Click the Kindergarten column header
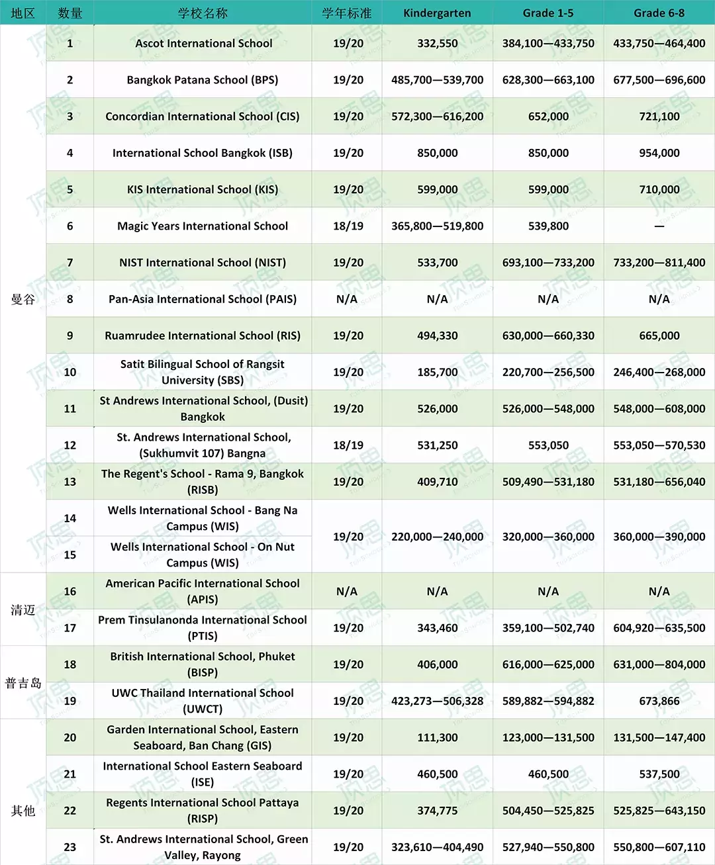tap(437, 13)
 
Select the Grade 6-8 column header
tap(659, 13)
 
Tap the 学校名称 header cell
tap(203, 13)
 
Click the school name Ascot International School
tap(203, 44)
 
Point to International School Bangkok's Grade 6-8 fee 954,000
tap(659, 153)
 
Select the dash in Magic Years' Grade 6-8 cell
tap(659, 226)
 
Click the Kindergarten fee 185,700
tap(437, 372)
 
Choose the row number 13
tap(70, 482)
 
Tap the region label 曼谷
tap(23, 299)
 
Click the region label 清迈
tap(23, 610)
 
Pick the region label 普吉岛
tap(23, 683)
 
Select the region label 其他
tap(23, 811)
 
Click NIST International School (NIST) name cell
tap(203, 263)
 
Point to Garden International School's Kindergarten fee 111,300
tap(437, 737)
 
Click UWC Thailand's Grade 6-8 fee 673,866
tap(659, 701)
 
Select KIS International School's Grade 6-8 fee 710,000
tap(659, 189)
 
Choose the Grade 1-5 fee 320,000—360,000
tap(548, 537)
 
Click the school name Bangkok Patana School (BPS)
tap(203, 80)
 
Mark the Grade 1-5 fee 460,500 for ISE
tap(548, 774)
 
